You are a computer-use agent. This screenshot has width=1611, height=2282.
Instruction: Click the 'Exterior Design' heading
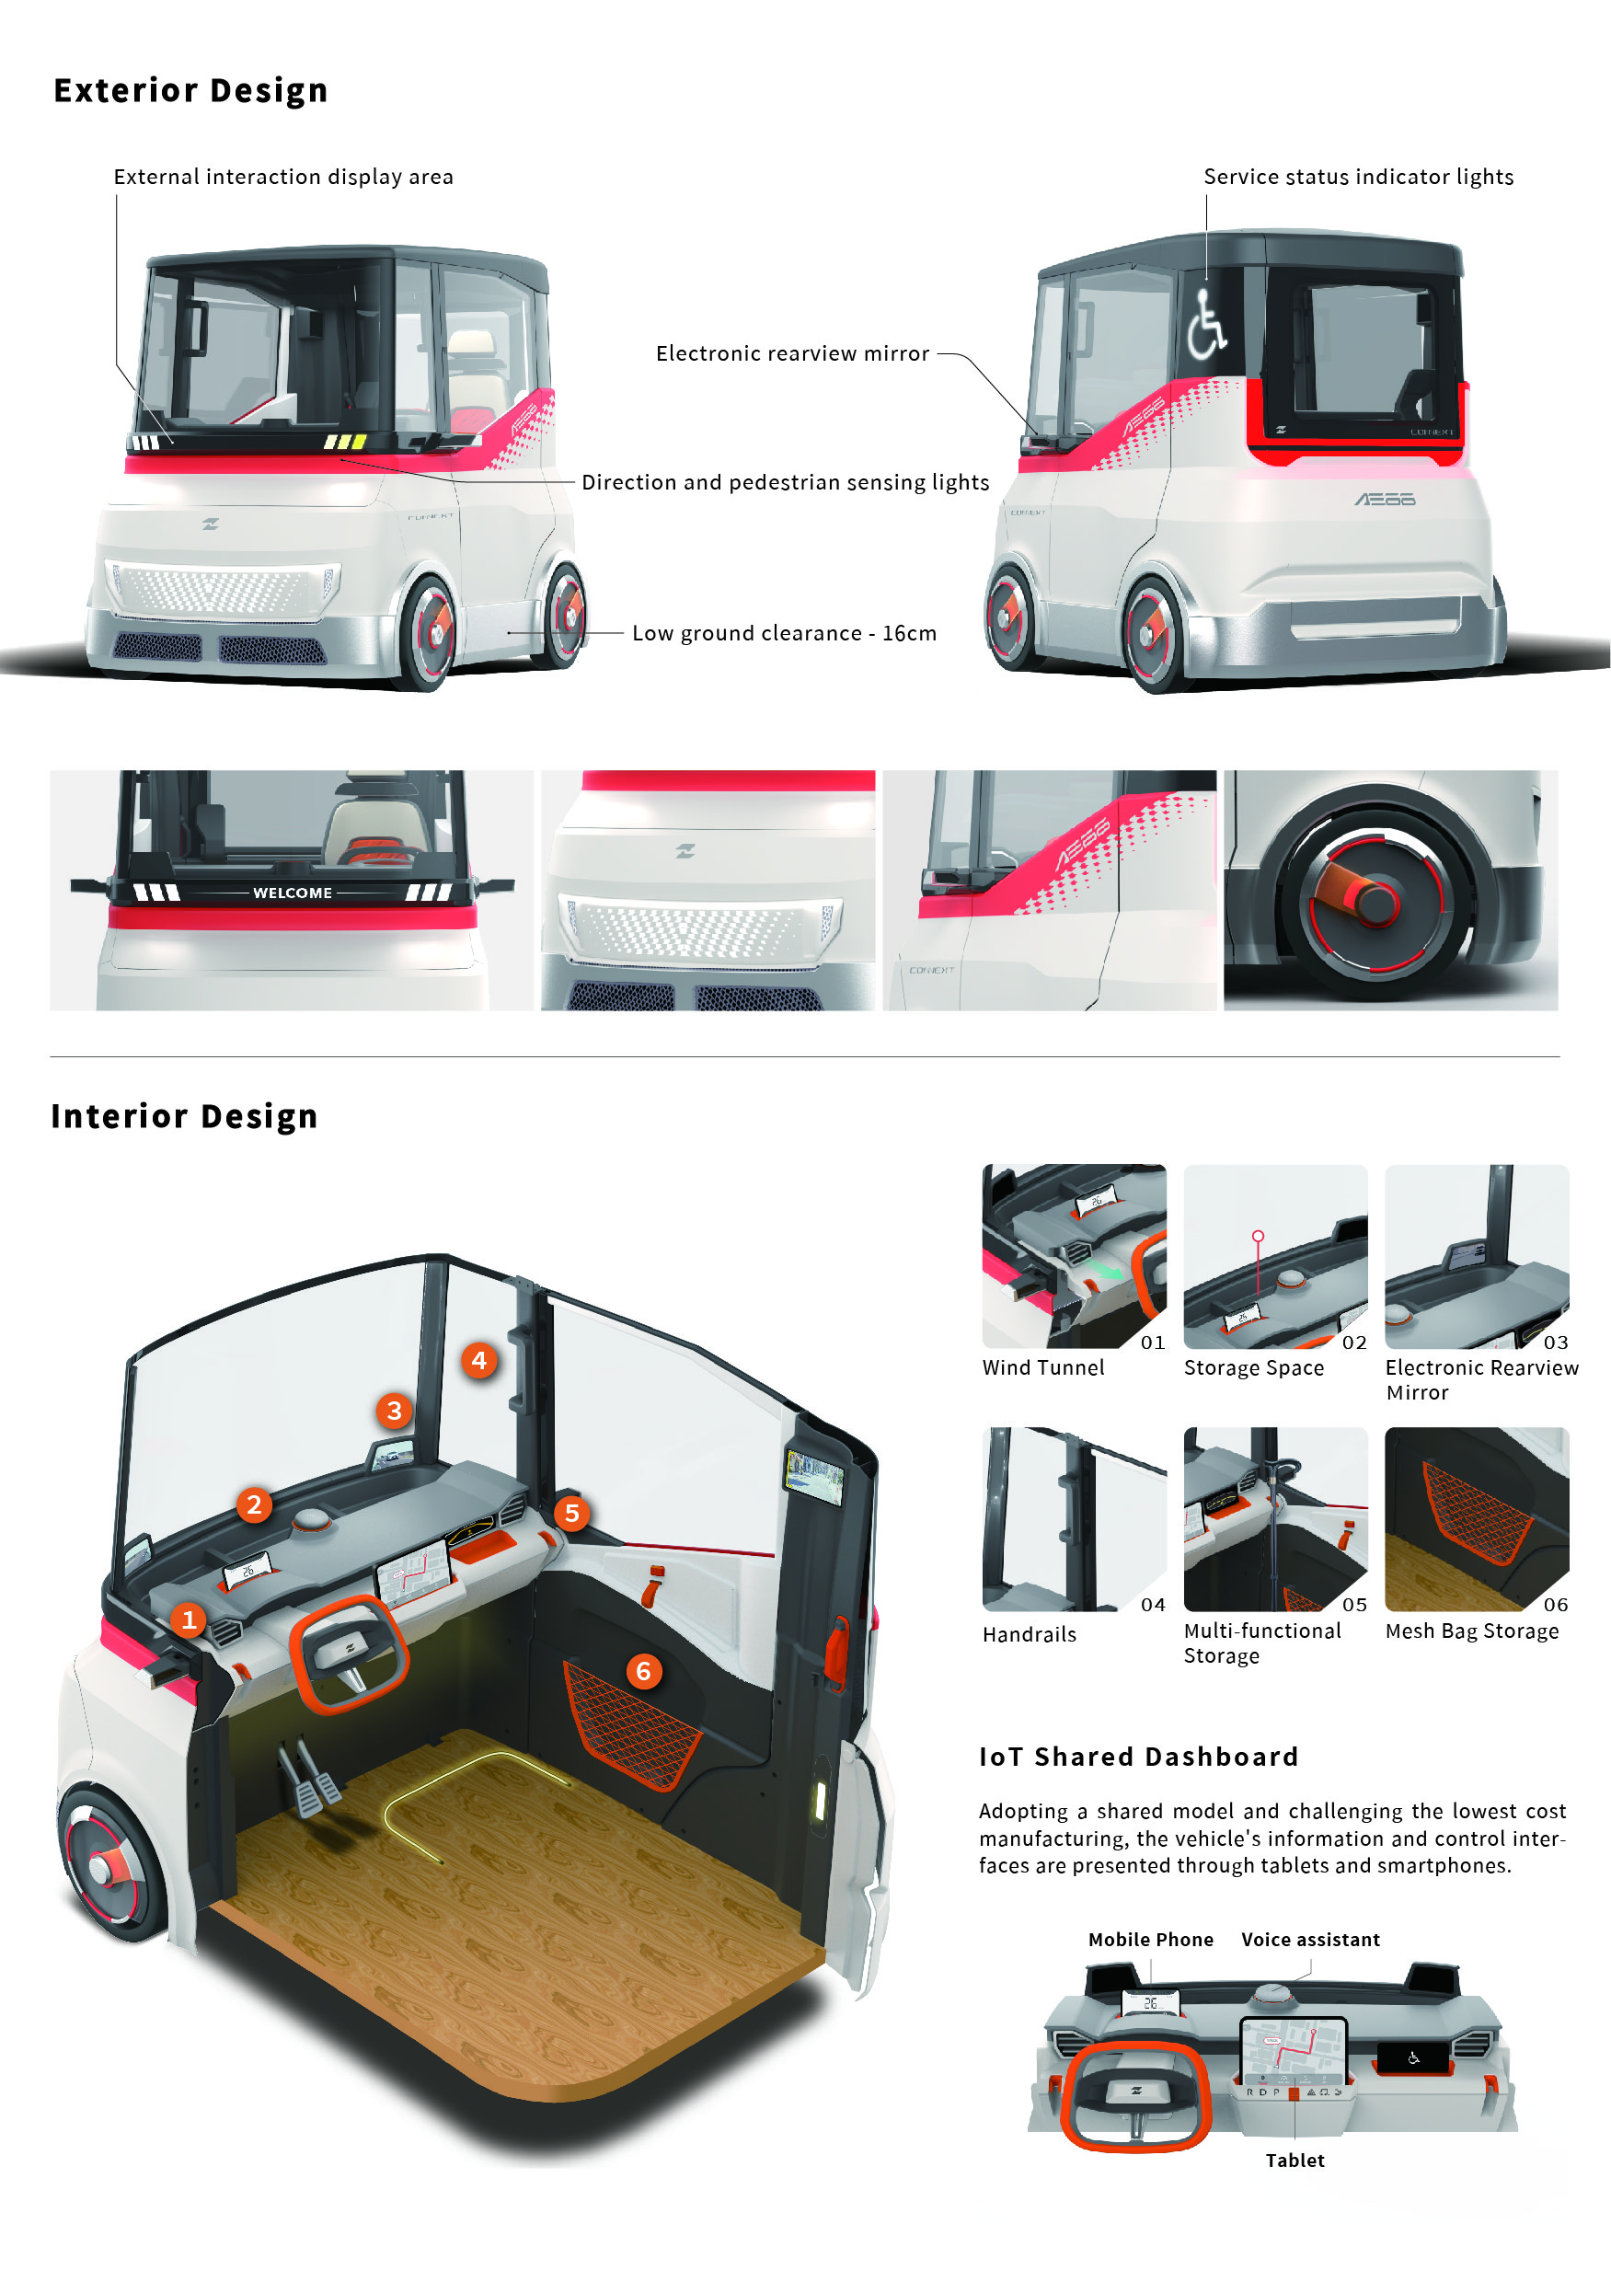click(190, 90)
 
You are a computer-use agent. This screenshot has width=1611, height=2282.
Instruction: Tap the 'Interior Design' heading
click(185, 1116)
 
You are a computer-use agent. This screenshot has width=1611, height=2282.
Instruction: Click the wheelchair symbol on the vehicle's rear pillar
click(1205, 324)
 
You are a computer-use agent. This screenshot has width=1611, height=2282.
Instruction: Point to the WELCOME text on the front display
click(293, 893)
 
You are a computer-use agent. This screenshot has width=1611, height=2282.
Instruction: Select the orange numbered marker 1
click(188, 1620)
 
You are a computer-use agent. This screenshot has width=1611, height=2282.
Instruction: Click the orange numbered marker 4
click(479, 1360)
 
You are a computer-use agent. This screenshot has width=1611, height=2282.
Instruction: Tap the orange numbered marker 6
click(643, 1671)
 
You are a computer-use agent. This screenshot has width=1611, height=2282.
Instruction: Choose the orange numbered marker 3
click(395, 1411)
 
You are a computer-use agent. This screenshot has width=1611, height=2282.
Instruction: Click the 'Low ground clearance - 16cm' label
click(784, 633)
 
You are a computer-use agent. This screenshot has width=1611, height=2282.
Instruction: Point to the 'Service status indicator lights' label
click(1359, 177)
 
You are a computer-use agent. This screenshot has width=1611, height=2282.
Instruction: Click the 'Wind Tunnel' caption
click(1043, 1367)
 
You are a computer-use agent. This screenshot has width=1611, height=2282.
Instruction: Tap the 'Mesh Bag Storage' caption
click(1472, 1631)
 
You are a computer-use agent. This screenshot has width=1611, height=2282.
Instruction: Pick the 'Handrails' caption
click(1030, 1634)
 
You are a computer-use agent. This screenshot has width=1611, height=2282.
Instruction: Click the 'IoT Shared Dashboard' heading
click(1139, 1758)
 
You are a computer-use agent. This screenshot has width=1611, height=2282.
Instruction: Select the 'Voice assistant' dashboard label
click(1310, 1939)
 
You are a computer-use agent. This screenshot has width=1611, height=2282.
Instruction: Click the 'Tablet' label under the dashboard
click(1295, 2160)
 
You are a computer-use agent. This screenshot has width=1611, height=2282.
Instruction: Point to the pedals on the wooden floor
click(309, 1777)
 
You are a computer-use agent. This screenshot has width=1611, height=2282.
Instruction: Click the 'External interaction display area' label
click(283, 177)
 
